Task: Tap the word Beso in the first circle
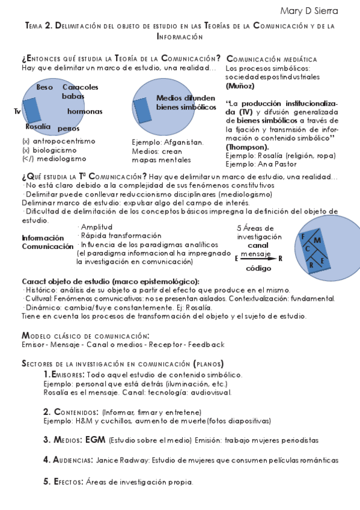44,87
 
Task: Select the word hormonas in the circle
84,111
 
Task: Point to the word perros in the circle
69,129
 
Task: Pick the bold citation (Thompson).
247,146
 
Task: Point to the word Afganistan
184,143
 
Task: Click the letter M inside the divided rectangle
317,241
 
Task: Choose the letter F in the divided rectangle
304,236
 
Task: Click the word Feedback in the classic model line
206,345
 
